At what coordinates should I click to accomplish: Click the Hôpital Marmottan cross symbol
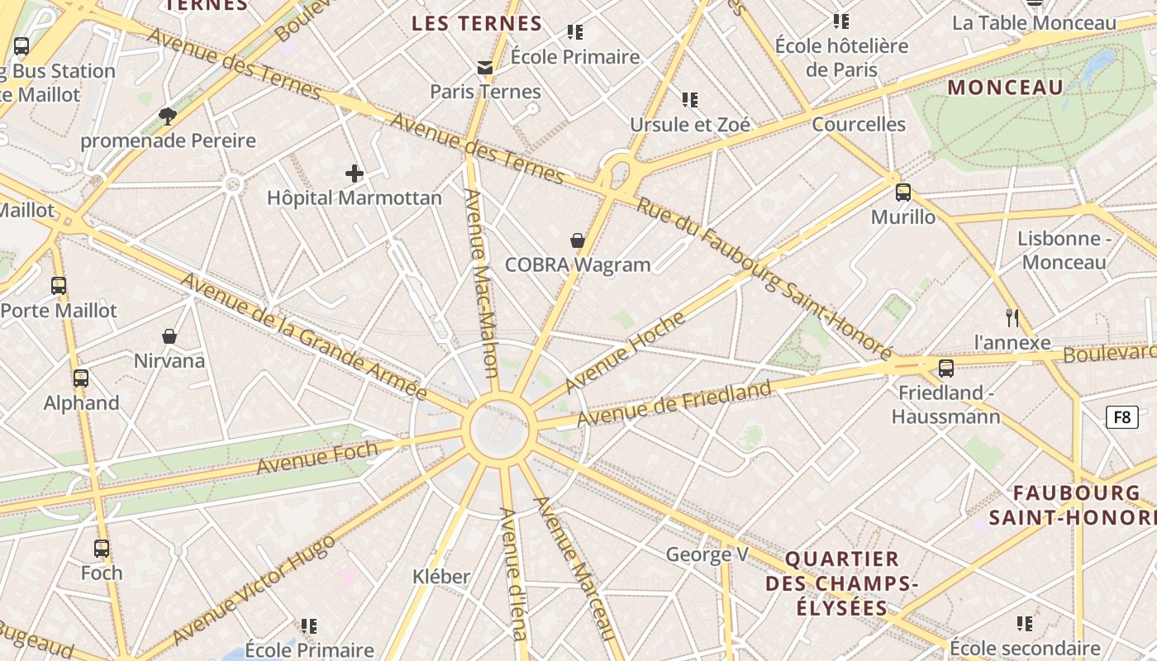355,174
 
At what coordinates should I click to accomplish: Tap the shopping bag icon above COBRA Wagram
578,240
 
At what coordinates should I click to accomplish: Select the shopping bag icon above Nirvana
169,336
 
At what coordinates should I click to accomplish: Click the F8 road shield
1121,417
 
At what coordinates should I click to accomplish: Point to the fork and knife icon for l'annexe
1012,318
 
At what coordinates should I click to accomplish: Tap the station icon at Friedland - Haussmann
946,368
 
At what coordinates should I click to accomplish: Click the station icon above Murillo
903,193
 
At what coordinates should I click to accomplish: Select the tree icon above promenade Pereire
168,116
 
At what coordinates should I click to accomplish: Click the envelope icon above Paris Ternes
485,67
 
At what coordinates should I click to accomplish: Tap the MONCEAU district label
1006,88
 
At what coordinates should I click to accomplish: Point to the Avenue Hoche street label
626,352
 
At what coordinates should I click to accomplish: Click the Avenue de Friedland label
674,403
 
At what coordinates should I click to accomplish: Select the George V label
707,554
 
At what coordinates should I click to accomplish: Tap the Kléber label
441,576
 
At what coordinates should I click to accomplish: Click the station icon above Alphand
80,378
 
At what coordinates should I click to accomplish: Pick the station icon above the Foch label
102,548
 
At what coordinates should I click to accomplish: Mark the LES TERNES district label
477,23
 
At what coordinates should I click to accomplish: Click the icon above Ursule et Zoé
690,100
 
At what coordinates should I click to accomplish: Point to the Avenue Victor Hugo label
254,590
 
